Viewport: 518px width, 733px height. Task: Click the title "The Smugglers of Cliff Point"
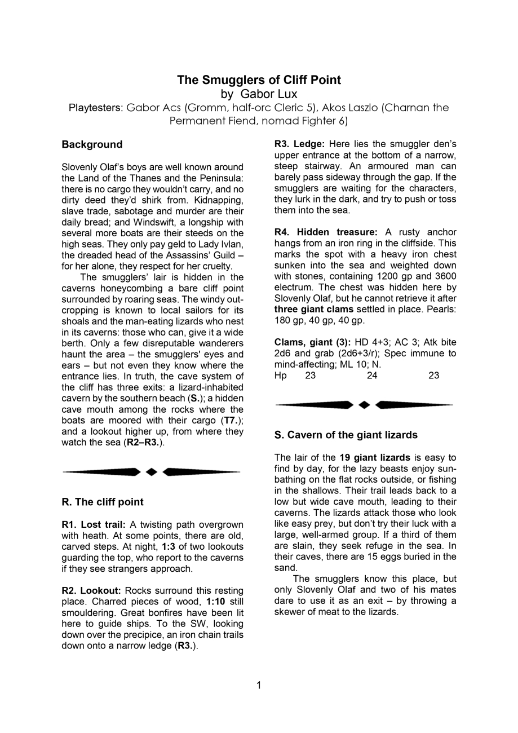coord(259,80)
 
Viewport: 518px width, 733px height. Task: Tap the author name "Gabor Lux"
coord(268,94)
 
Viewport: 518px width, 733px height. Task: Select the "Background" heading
coord(92,144)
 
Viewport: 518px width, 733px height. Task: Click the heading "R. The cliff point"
coord(103,502)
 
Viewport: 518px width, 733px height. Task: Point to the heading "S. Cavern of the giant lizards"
coord(346,435)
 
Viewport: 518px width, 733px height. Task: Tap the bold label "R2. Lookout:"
coord(91,590)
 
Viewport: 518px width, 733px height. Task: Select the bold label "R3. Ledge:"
coord(299,144)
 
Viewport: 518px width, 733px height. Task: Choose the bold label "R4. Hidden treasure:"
coord(326,232)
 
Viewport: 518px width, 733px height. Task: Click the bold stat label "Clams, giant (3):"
coord(312,342)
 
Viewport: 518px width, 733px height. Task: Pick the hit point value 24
coord(372,376)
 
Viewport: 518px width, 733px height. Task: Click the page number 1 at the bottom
coord(259,685)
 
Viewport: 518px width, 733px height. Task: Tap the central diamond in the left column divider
coord(152,472)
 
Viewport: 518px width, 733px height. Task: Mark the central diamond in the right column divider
coord(365,405)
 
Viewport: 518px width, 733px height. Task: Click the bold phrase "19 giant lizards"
coord(374,457)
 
